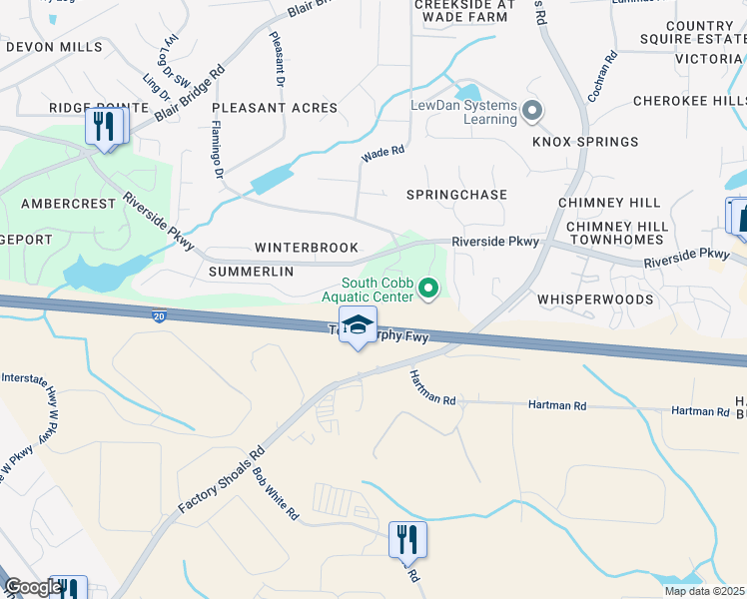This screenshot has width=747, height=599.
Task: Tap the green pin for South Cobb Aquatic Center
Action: point(429,290)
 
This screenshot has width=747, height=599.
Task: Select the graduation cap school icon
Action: point(358,324)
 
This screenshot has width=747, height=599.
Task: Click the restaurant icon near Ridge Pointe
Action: point(104,127)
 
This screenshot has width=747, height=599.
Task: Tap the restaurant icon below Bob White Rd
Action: point(407,540)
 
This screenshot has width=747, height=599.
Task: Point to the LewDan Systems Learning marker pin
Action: point(533,111)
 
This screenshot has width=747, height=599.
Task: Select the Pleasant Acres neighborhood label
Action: point(275,108)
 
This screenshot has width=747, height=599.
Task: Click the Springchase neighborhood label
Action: point(457,195)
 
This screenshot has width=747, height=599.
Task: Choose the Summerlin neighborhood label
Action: point(251,272)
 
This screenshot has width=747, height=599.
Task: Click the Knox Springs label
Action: point(571,143)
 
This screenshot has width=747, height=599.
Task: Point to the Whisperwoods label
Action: point(586,299)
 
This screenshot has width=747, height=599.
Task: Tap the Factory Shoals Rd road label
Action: point(222,479)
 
